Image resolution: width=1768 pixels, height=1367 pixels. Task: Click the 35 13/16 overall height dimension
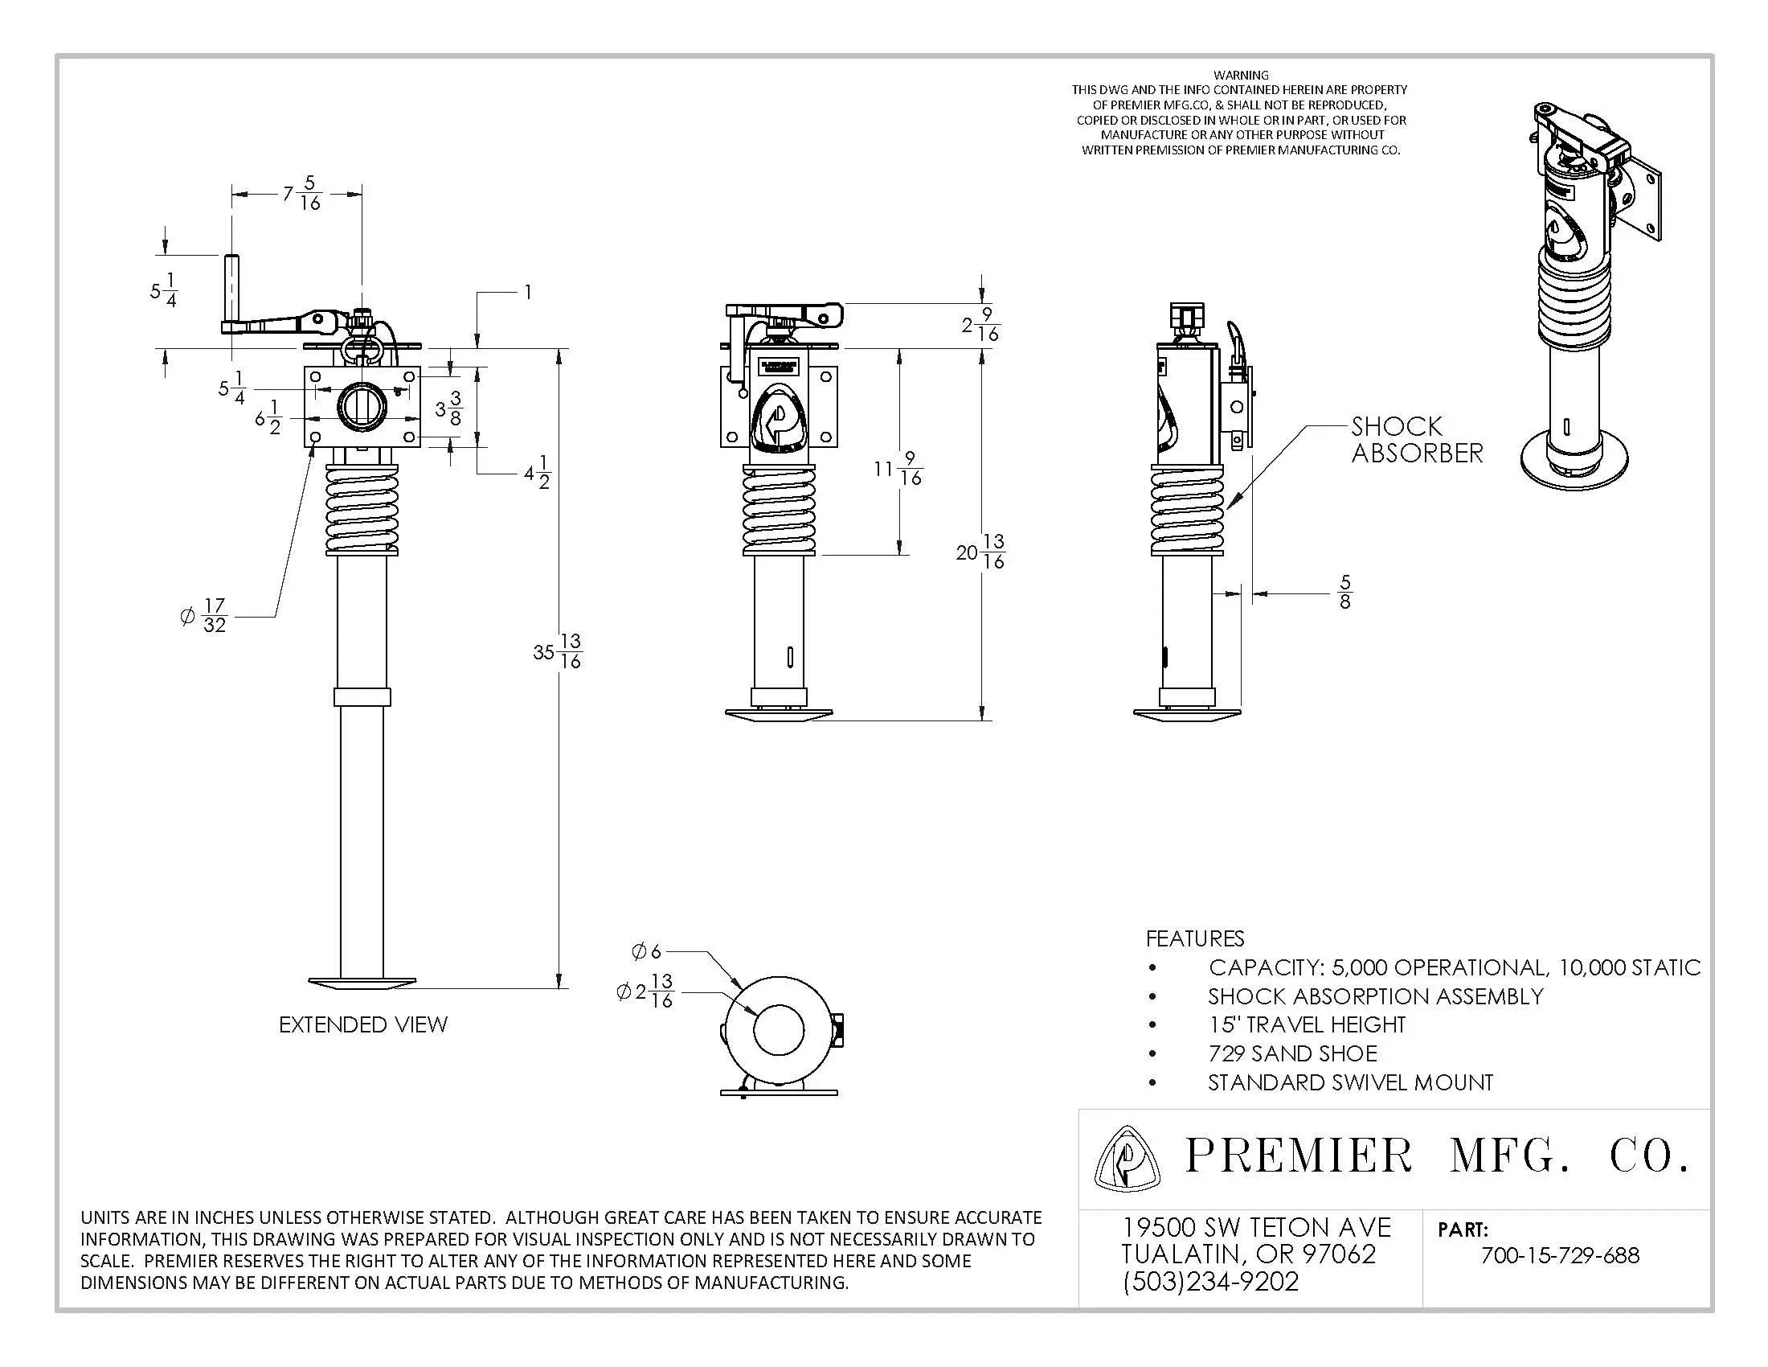558,651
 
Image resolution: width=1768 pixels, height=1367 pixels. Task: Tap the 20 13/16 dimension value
980,552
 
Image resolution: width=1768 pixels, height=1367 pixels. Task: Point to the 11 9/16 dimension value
898,469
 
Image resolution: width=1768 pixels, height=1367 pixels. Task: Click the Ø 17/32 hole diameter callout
204,615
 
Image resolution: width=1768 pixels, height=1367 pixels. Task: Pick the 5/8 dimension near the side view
1344,592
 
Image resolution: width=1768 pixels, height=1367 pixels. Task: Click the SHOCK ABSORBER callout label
1417,440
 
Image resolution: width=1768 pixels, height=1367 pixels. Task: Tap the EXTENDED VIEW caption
362,1024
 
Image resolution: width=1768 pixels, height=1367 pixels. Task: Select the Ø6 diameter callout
646,951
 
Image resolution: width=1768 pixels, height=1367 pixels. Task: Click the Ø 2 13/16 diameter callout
645,991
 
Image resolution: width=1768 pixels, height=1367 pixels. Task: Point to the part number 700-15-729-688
1559,1255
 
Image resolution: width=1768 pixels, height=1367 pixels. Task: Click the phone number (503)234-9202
1210,1281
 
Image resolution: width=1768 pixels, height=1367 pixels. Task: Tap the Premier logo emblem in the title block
1126,1158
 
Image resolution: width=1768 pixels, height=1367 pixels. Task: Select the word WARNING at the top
1241,76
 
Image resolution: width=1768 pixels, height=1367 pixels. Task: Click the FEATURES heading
1195,938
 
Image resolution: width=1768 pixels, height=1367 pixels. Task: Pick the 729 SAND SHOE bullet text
1292,1053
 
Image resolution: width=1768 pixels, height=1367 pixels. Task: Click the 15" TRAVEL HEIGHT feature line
1307,1024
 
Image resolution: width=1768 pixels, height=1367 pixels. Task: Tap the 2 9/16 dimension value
980,325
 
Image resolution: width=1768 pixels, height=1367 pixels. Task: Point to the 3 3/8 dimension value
448,408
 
